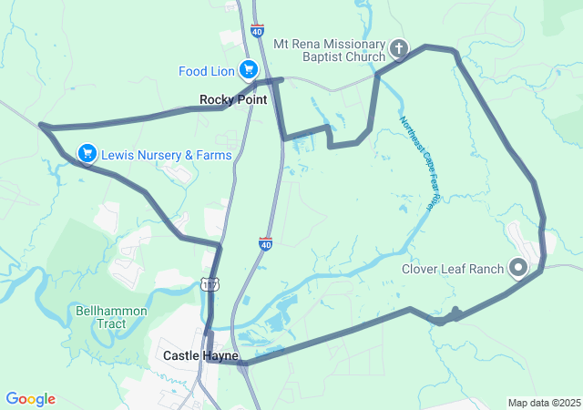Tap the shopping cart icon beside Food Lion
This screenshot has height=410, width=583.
[248, 69]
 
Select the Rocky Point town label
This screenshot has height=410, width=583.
[233, 99]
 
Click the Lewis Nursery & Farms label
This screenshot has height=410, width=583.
[167, 155]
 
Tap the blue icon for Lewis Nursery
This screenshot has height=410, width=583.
[87, 153]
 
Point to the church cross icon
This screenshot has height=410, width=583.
[398, 47]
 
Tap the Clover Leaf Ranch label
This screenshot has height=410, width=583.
[453, 269]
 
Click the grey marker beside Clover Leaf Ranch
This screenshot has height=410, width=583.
[518, 268]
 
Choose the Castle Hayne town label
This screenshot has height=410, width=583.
[200, 355]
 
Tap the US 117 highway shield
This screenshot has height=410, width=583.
[210, 286]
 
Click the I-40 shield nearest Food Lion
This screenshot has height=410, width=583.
[258, 30]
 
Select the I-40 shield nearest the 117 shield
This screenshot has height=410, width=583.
[265, 244]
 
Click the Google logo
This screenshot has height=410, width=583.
[30, 399]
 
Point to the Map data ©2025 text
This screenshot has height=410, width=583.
[543, 403]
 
